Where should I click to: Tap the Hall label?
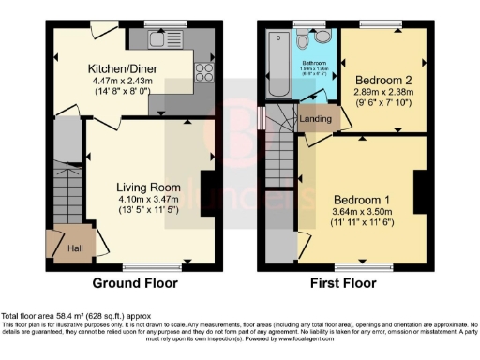tap(75, 249)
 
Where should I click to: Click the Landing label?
tap(313, 120)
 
